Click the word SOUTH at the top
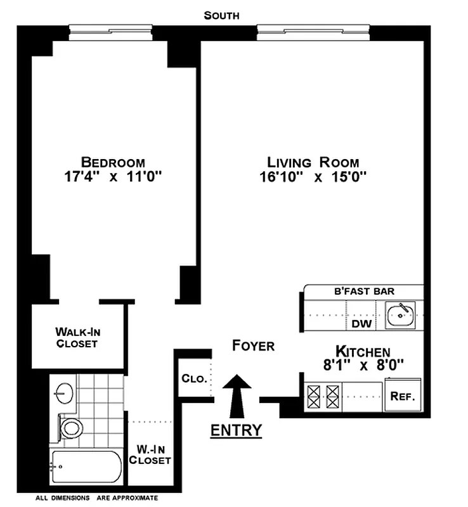click(x=221, y=15)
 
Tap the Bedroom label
click(x=113, y=162)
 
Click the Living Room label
click(x=313, y=162)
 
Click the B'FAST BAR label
click(x=364, y=292)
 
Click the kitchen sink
click(x=401, y=314)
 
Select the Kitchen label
click(x=363, y=351)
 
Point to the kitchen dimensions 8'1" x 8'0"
click(x=363, y=365)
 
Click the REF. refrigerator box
click(x=403, y=397)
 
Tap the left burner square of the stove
click(x=315, y=397)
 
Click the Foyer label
click(x=253, y=346)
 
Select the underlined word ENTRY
click(x=236, y=431)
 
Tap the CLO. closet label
click(x=194, y=379)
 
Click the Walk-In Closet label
click(x=77, y=337)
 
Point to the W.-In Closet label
click(x=150, y=455)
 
